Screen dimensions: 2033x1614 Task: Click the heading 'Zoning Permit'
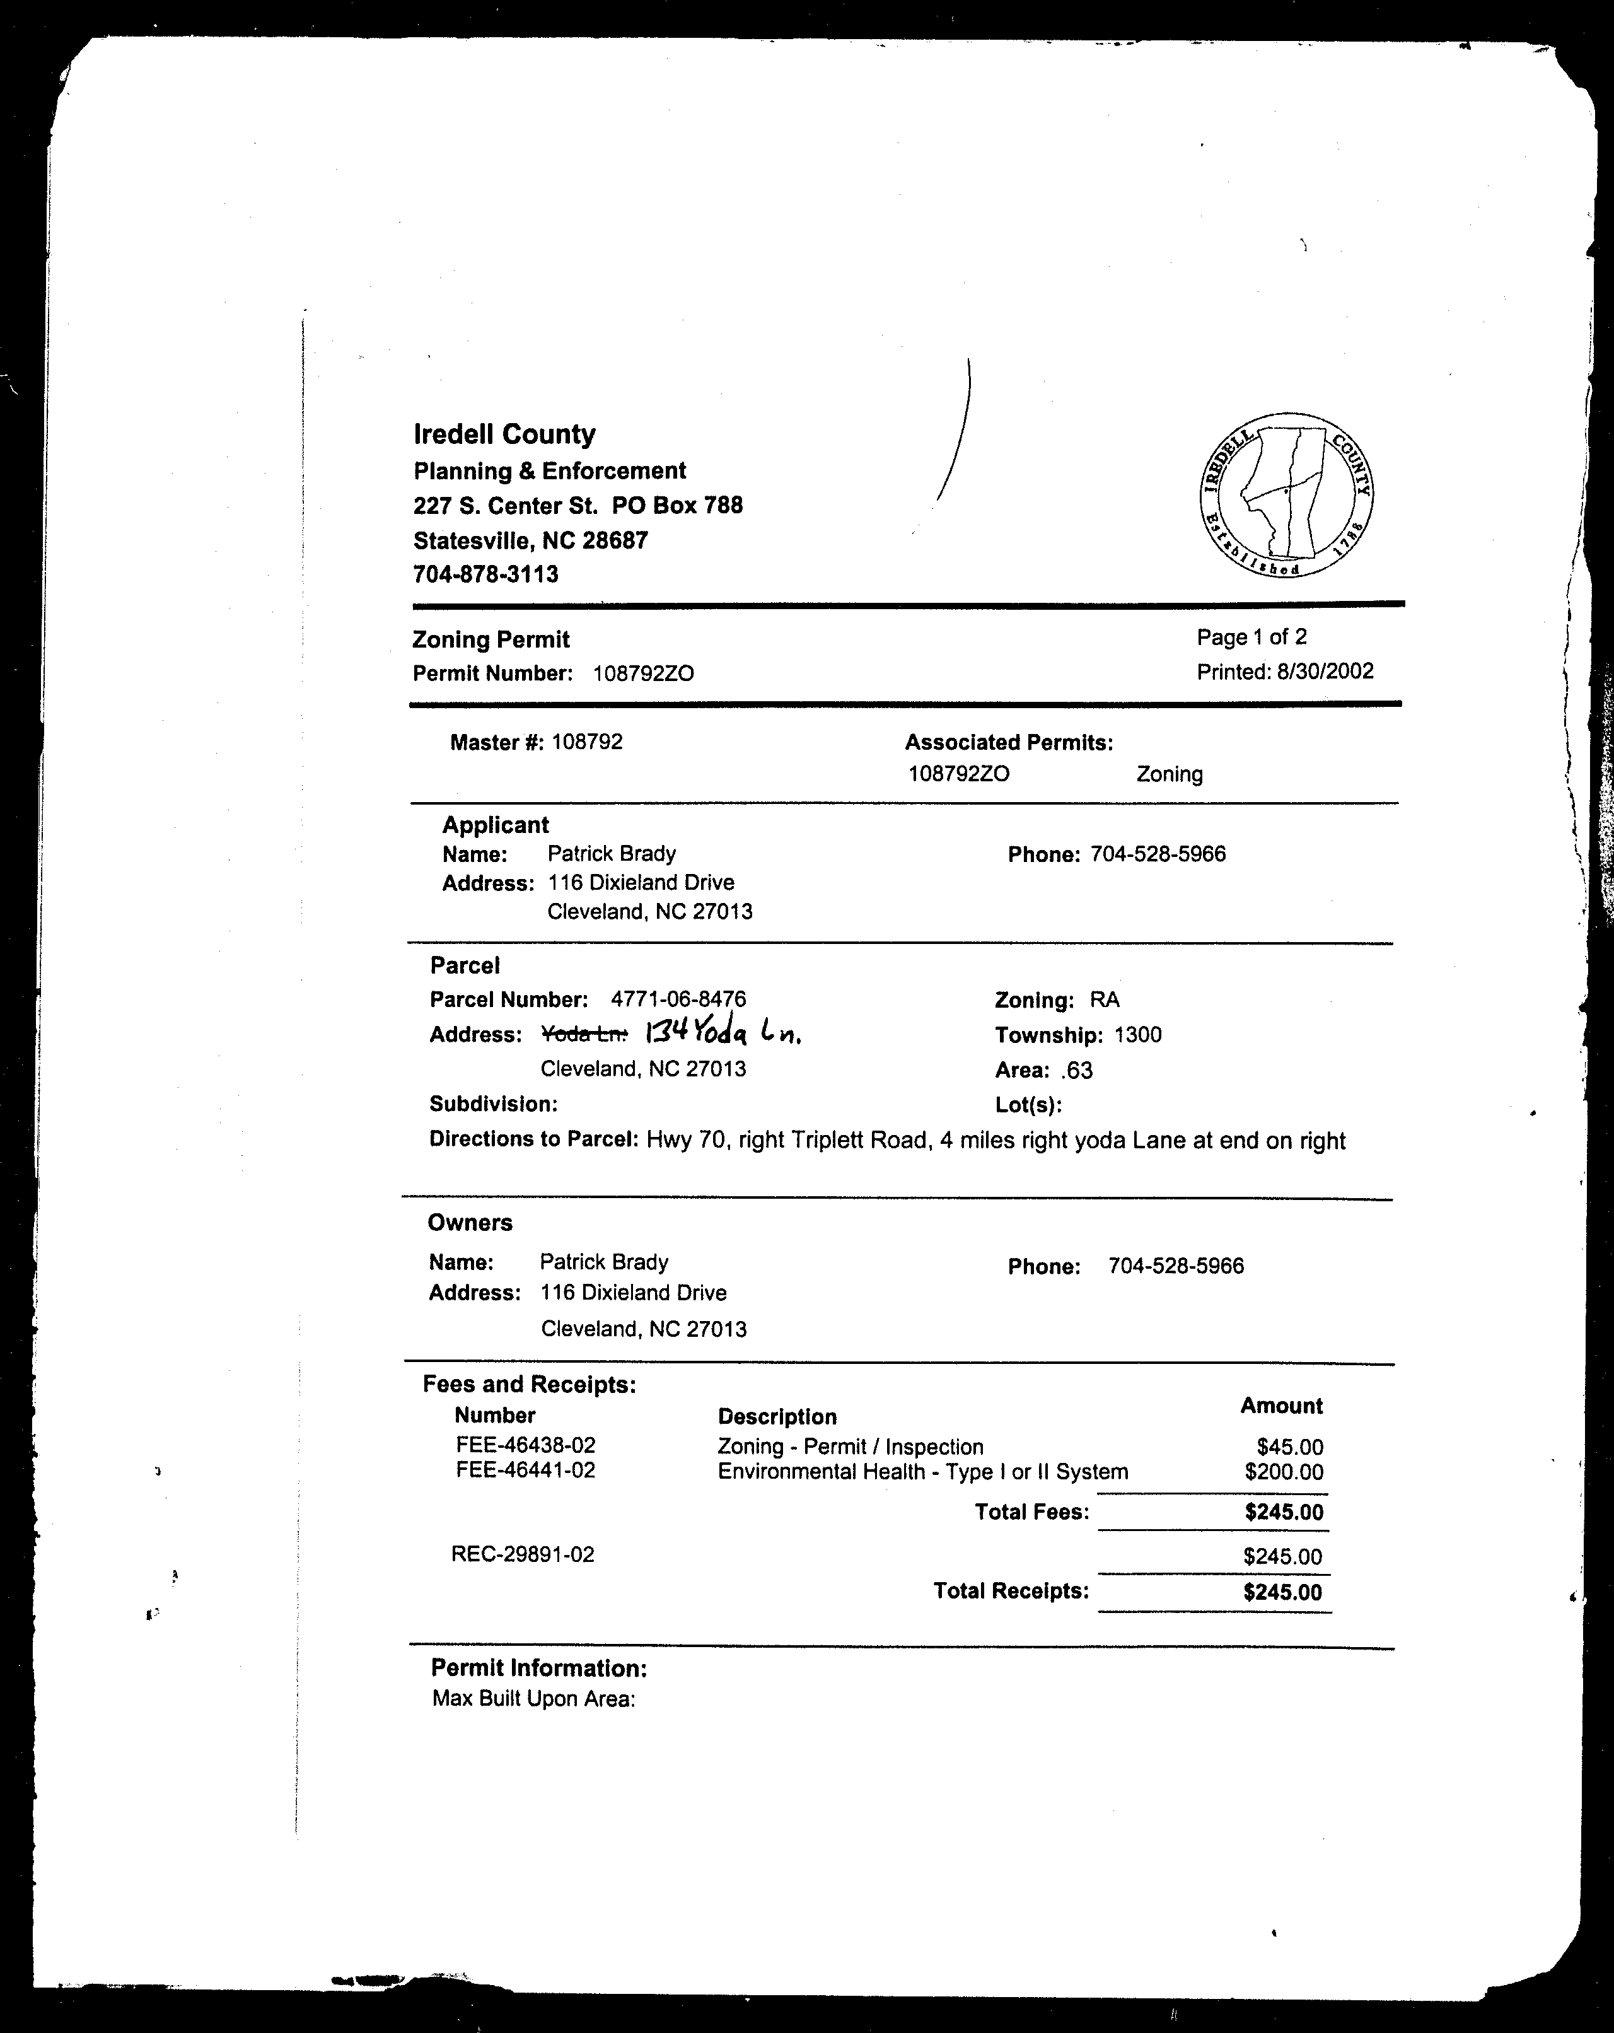pyautogui.click(x=491, y=639)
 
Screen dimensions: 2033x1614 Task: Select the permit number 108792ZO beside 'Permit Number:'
pyautogui.click(x=643, y=673)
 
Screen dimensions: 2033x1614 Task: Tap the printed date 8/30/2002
pyautogui.click(x=1325, y=672)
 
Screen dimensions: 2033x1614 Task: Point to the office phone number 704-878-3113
pyautogui.click(x=485, y=574)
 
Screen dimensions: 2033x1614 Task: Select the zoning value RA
pyautogui.click(x=1104, y=999)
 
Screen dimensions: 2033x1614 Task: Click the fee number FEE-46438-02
pyautogui.click(x=525, y=1445)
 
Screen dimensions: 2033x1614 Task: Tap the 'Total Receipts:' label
pyautogui.click(x=1011, y=1592)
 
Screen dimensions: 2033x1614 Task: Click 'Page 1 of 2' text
pyautogui.click(x=1251, y=638)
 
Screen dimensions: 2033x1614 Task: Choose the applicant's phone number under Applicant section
pyautogui.click(x=1158, y=854)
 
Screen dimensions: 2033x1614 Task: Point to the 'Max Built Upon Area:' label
pyautogui.click(x=533, y=1699)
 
